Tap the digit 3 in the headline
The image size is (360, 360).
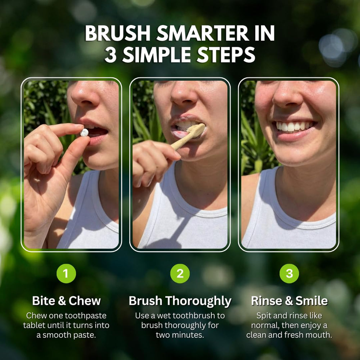point(111,55)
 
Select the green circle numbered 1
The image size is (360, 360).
point(66,274)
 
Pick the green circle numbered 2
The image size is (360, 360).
point(180,274)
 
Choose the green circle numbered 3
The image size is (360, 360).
point(289,274)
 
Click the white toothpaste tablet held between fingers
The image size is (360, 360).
point(84,132)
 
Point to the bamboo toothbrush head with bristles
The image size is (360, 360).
point(196,130)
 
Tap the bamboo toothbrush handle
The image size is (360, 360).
point(182,142)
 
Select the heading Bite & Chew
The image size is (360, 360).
point(66,301)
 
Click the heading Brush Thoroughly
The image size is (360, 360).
point(180,301)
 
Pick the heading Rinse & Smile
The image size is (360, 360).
point(289,301)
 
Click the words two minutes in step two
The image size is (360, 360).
point(180,335)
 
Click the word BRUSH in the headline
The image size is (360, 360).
point(118,33)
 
